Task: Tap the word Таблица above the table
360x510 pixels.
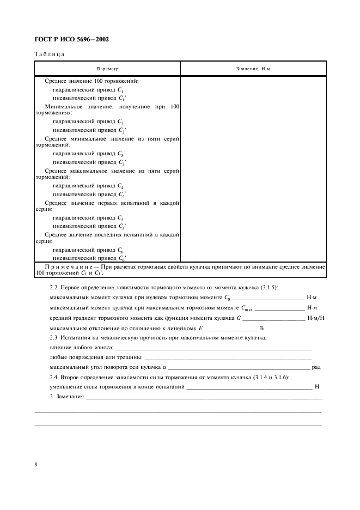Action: tap(50, 54)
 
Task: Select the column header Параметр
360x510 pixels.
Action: tap(107, 69)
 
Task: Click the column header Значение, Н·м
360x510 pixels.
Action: tap(253, 69)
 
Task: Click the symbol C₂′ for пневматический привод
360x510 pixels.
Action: tap(121, 131)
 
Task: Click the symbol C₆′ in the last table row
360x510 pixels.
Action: tap(121, 258)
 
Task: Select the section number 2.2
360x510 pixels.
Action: tap(53, 287)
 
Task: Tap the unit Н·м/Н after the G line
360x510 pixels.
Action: tap(316, 318)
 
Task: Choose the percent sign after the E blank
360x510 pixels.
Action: tap(261, 328)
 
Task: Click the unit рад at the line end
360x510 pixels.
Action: tap(316, 367)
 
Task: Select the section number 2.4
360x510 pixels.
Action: tap(53, 377)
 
